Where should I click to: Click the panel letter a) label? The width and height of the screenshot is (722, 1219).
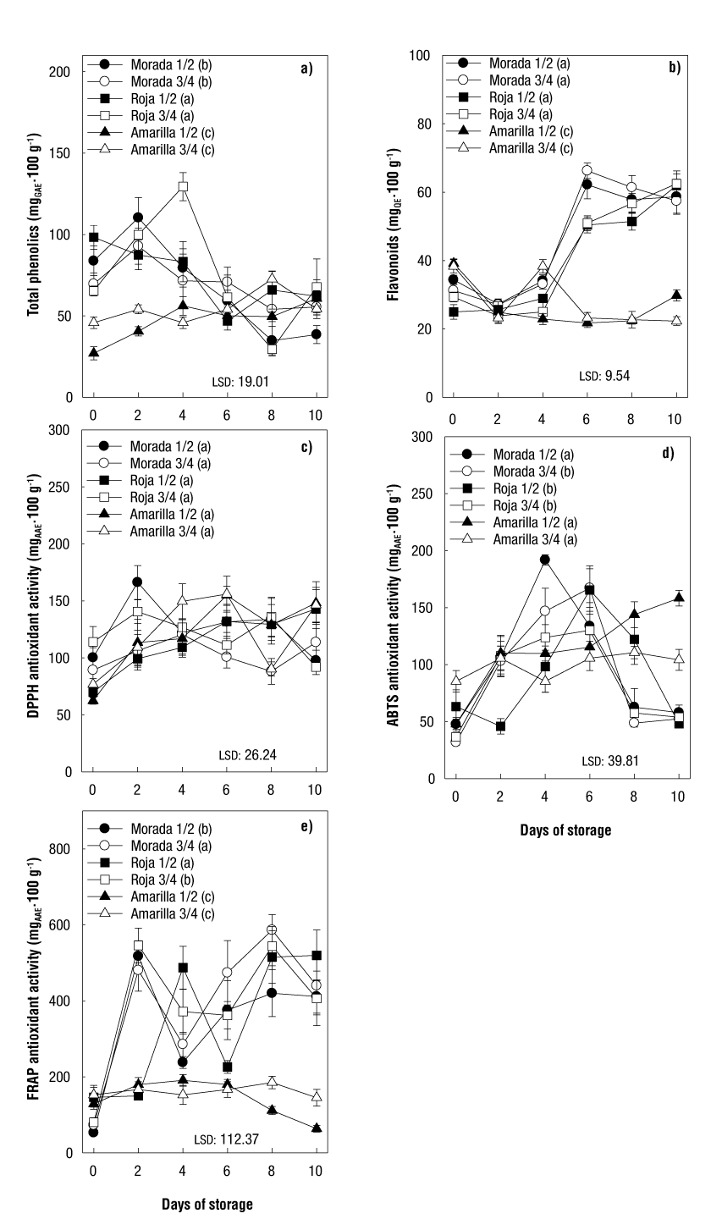306,69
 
